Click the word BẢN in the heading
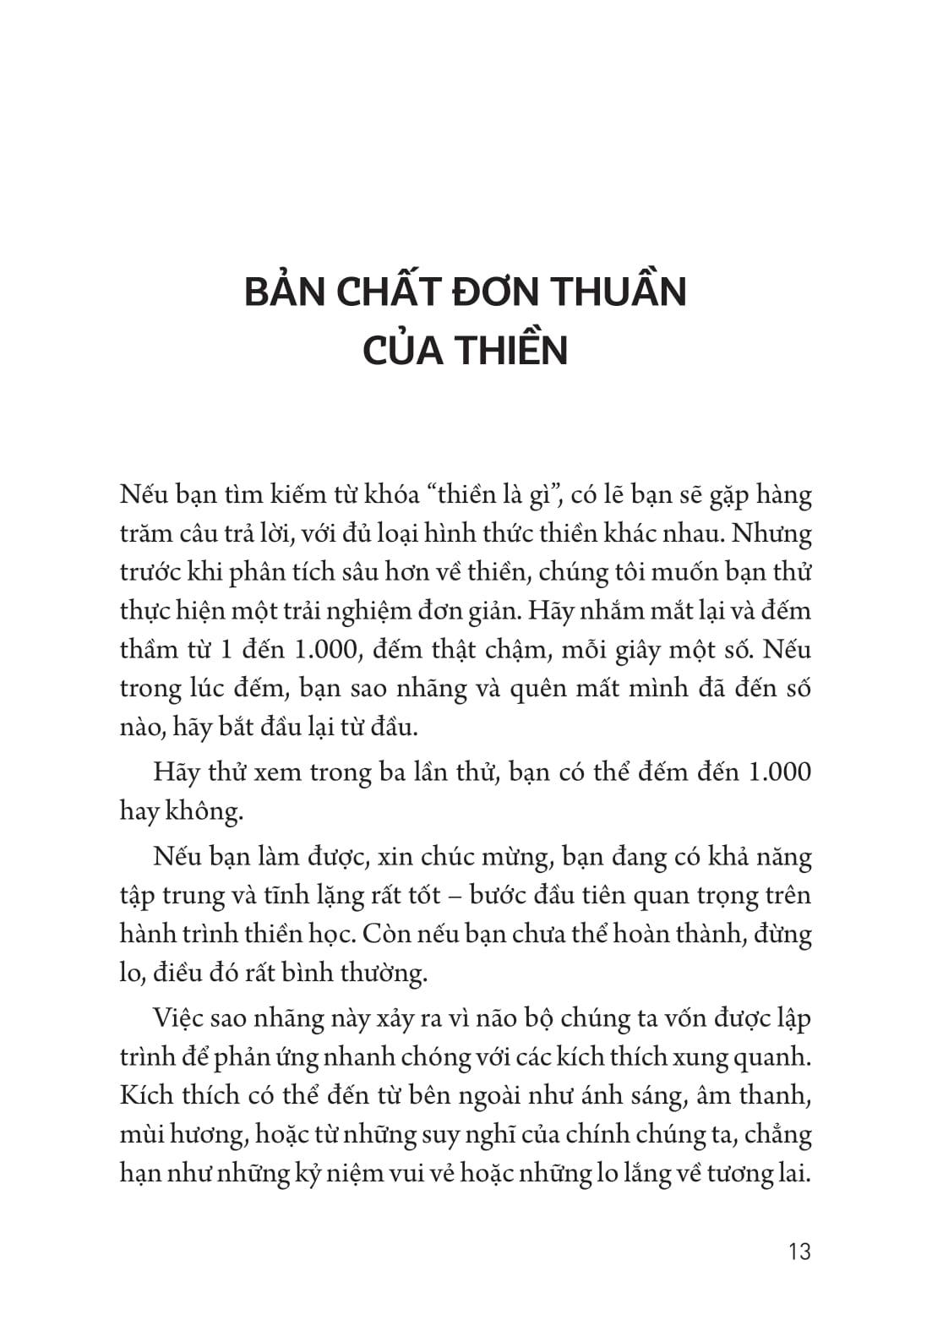click(284, 292)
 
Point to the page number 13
click(798, 1252)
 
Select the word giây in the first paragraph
click(633, 650)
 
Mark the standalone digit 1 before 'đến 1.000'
click(237, 650)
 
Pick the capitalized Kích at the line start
click(144, 1096)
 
